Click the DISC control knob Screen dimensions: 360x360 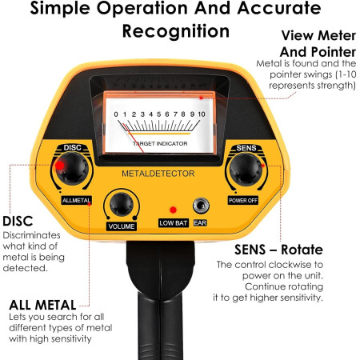pos(72,169)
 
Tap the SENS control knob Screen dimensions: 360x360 pos(246,170)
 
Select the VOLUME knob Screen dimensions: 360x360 pos(122,204)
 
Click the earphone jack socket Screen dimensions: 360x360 pos(201,206)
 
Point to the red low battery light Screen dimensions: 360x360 pos(173,210)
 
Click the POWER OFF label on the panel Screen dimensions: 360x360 pos(243,201)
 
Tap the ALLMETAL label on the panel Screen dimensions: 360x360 pos(77,200)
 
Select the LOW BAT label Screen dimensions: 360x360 pos(174,223)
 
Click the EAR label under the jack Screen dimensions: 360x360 pos(200,223)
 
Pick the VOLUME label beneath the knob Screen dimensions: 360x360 pos(122,226)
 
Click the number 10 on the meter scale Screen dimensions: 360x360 pos(202,114)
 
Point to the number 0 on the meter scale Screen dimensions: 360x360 pos(116,114)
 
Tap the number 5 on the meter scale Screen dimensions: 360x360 pos(159,114)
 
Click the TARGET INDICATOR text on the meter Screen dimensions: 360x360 pos(160,143)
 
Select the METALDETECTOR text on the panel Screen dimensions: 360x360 pos(158,174)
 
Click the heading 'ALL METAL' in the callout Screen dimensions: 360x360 pos(42,305)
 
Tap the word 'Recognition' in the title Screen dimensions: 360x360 pos(176,31)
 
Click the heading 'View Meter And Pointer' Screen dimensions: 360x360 pos(318,44)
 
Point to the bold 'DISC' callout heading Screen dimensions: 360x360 pos(18,221)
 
